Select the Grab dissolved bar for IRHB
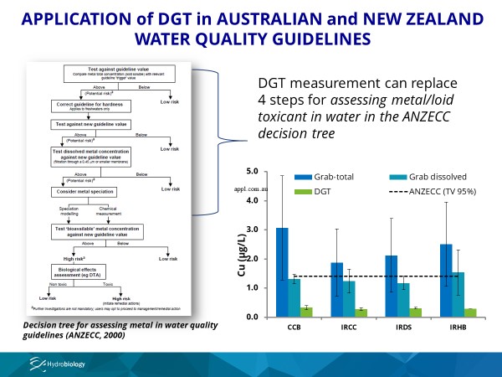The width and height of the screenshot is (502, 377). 458,294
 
